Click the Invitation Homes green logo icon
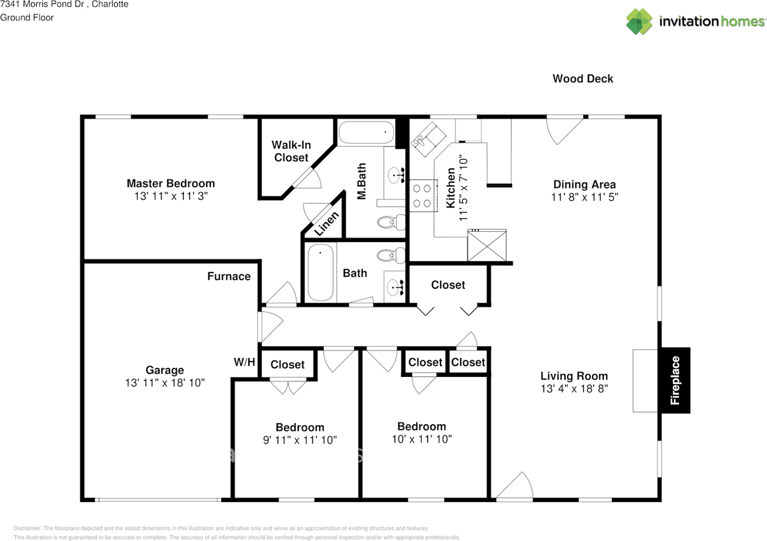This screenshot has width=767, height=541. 639,22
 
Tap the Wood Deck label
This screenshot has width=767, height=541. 583,78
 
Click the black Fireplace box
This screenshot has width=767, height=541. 675,380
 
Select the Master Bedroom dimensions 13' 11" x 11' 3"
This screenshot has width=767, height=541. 171,196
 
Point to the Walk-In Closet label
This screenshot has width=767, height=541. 291,151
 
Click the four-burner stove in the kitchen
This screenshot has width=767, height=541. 423,195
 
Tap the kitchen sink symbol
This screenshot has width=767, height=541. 428,140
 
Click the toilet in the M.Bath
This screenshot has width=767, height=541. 391,222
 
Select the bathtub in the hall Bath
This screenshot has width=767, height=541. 321,272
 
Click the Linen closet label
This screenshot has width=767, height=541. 327,223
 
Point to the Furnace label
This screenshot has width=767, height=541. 229,276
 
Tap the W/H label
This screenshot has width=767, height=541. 244,362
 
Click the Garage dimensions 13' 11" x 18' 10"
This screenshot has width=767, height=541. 165,383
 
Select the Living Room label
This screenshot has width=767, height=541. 574,376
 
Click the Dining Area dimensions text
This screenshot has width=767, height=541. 584,197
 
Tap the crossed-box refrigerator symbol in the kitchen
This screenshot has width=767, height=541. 487,245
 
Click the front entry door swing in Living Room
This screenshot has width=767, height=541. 514,485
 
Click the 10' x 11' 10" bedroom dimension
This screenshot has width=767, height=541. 422,439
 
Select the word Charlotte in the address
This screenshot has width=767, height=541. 110,4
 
